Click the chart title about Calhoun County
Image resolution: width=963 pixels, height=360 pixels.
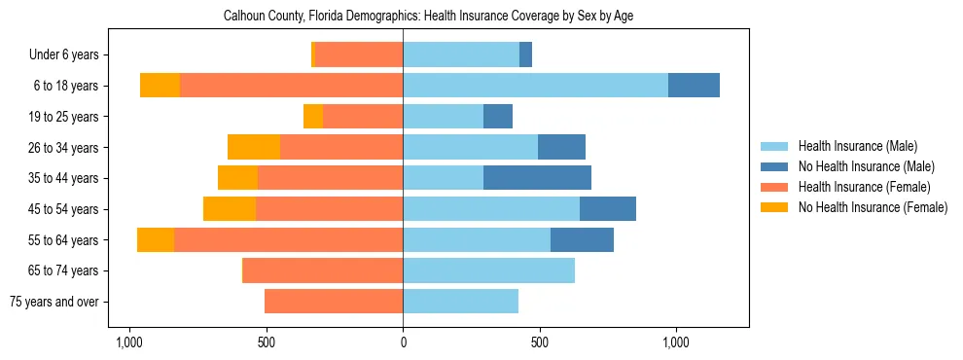428,17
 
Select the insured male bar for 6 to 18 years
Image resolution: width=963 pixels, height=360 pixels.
535,85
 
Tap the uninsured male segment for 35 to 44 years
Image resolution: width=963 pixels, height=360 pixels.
537,177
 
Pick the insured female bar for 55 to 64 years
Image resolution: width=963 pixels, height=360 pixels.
288,239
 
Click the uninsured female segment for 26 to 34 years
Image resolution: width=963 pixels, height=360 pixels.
254,147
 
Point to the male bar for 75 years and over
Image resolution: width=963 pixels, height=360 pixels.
460,302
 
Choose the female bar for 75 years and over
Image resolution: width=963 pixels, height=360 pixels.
334,302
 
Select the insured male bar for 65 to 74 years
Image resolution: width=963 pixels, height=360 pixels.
488,270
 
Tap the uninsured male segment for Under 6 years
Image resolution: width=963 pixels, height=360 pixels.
525,54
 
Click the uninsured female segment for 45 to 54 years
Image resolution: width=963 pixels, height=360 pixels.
230,208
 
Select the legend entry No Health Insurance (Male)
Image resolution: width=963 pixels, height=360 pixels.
866,166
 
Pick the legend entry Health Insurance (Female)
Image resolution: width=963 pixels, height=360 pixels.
865,187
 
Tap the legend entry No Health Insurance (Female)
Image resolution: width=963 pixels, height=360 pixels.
873,207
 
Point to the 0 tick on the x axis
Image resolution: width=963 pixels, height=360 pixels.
403,343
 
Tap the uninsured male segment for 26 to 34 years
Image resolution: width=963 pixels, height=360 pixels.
561,147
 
